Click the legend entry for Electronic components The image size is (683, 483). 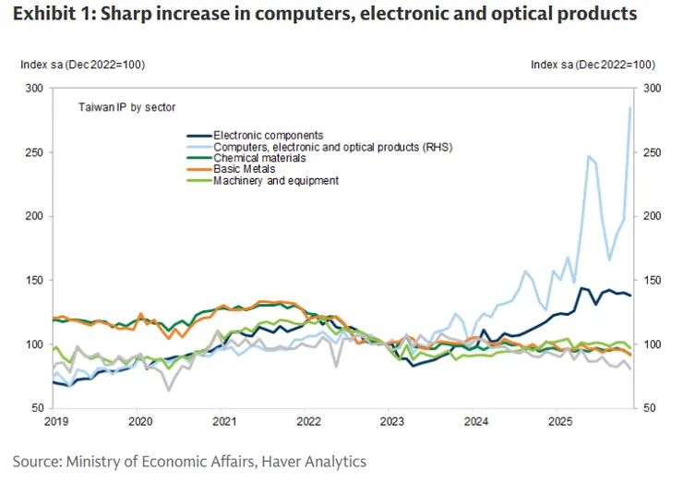[x=268, y=135]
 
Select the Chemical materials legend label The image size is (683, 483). [x=259, y=158]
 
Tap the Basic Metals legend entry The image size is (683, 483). [x=244, y=169]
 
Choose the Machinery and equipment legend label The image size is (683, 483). [x=276, y=181]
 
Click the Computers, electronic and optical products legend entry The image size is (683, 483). [x=332, y=147]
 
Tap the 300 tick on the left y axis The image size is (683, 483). [x=34, y=89]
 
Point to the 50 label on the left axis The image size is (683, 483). [x=37, y=408]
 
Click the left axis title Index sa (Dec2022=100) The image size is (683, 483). [x=83, y=65]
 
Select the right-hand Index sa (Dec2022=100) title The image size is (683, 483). [x=593, y=65]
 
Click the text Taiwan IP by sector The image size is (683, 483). [x=126, y=108]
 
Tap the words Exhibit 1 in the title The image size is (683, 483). [x=52, y=15]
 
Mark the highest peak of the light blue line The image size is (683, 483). [x=630, y=108]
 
